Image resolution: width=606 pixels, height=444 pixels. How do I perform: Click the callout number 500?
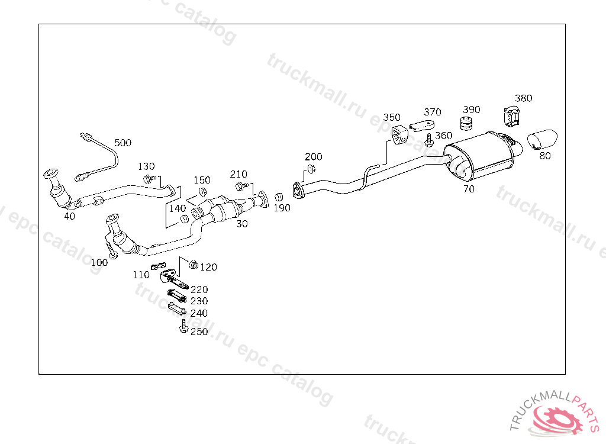coord(123,143)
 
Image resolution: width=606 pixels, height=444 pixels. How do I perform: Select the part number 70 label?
coord(469,189)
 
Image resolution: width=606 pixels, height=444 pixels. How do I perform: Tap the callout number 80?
coord(544,156)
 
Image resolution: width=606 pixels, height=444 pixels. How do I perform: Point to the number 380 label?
coord(523,98)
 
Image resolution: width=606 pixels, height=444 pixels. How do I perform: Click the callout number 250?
coord(199,332)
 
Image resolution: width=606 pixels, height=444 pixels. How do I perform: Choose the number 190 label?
coord(282,208)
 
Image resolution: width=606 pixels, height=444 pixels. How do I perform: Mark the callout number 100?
coord(99,262)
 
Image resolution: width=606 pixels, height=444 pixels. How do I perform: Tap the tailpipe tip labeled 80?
coord(543,139)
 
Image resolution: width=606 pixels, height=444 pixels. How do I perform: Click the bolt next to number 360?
coord(429,140)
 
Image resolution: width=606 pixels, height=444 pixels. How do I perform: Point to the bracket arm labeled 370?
coord(421,126)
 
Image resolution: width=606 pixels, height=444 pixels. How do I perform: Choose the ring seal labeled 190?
coord(278,197)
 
